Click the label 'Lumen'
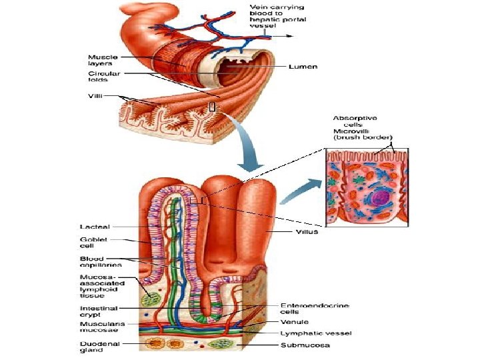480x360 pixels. [x=303, y=67]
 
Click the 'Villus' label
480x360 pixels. [x=307, y=232]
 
